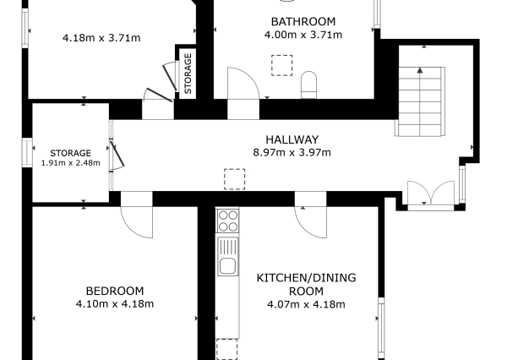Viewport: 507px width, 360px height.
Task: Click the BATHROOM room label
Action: pos(303,22)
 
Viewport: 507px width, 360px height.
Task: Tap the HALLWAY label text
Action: pos(292,139)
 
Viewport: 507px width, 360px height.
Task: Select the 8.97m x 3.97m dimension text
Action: pos(292,152)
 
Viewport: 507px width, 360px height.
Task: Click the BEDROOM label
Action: pos(115,291)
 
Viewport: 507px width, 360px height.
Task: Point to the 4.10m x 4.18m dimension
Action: pos(115,304)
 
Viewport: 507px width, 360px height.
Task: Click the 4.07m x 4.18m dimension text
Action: pos(306,304)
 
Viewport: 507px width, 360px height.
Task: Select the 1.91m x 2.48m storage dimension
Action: pos(70,163)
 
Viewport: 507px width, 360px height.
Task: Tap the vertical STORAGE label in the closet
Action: pos(188,74)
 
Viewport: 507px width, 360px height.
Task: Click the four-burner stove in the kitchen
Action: pos(228,221)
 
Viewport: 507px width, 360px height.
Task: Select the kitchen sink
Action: pos(228,257)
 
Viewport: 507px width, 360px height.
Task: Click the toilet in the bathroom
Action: pos(308,85)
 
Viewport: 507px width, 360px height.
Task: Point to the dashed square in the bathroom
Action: pos(282,65)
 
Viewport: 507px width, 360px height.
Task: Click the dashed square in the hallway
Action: pos(234,179)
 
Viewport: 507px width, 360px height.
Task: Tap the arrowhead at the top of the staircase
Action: pos(420,70)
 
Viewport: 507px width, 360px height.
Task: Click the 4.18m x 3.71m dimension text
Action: pos(101,38)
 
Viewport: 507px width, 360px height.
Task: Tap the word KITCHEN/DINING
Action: pos(306,278)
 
